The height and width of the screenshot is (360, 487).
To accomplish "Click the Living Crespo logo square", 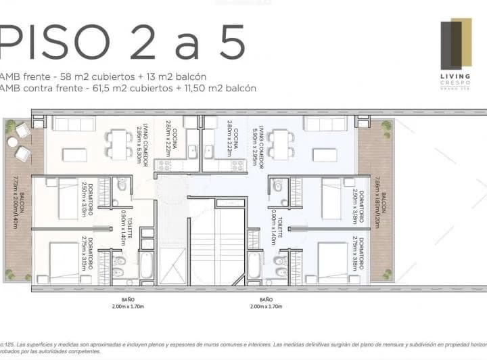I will (456, 45).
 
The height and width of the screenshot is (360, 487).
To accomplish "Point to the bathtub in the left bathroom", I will (146, 265).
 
